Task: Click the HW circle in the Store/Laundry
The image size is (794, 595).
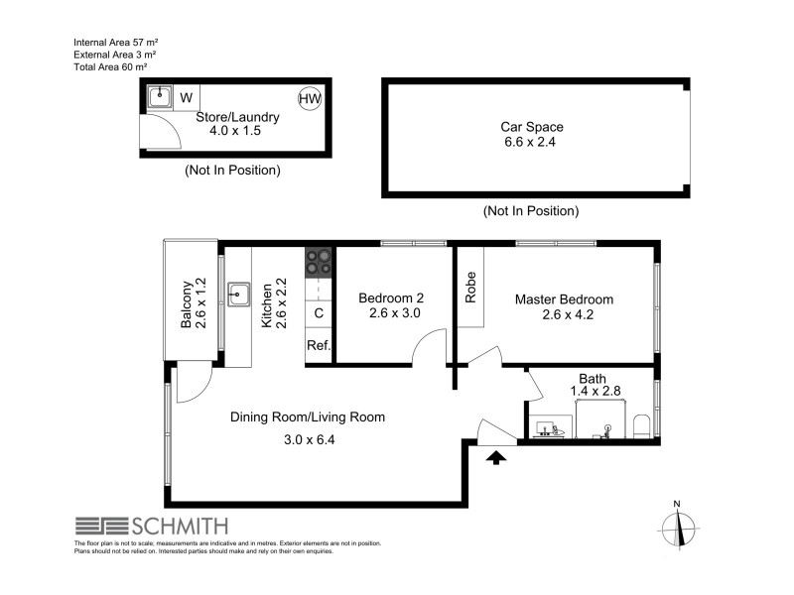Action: (308, 97)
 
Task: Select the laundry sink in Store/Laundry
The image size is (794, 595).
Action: (159, 96)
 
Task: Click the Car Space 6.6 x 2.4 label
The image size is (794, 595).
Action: (533, 135)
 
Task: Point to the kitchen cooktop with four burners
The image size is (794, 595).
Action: (320, 261)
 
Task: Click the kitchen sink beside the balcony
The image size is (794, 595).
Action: (238, 293)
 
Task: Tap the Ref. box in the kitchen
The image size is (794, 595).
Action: (318, 346)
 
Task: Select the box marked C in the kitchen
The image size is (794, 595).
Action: (318, 313)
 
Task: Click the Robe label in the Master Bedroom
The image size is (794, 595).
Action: (471, 287)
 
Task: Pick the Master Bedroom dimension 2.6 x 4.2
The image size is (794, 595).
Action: (563, 316)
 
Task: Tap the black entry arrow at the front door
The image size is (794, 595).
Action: (497, 456)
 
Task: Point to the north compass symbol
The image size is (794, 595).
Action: (678, 525)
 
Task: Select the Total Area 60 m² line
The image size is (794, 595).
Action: (110, 66)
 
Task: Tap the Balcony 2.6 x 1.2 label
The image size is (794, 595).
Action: (194, 302)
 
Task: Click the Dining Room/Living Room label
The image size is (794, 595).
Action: (307, 416)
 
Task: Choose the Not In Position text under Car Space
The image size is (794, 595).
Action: (530, 211)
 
